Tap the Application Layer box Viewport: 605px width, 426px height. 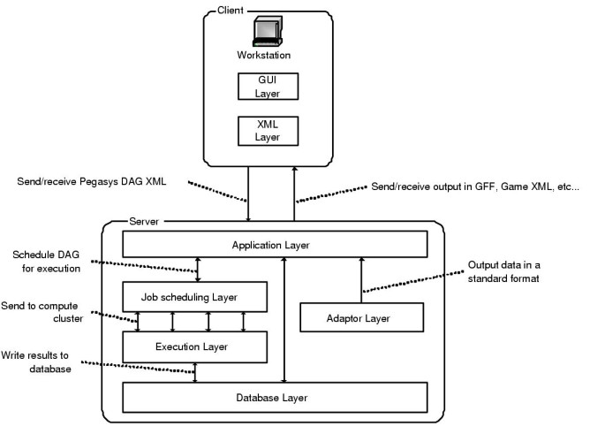(x=274, y=244)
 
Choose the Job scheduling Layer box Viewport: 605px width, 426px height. (x=194, y=296)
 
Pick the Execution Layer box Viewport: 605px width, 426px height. (x=194, y=346)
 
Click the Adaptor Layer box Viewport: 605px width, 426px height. (x=361, y=317)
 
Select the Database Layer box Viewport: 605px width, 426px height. (x=274, y=397)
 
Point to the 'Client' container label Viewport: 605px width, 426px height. (x=231, y=10)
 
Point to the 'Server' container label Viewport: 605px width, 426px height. (x=144, y=220)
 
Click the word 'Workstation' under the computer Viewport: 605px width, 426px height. (x=263, y=56)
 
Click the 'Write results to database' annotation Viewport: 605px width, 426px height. (x=42, y=361)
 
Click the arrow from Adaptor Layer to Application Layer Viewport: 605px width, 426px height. (x=361, y=280)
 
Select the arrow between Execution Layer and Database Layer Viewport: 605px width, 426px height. (x=195, y=373)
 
